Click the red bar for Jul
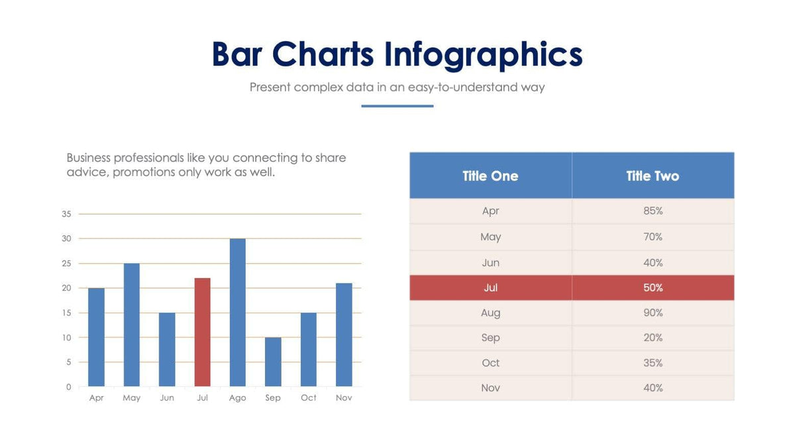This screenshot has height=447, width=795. tap(202, 332)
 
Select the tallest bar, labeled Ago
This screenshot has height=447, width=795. tap(237, 313)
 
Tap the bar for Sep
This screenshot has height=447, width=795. tap(273, 362)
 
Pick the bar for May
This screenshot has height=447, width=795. tap(131, 324)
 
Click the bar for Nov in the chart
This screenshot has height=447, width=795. tap(344, 334)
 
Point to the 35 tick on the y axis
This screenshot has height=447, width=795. tap(66, 214)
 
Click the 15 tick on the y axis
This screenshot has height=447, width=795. tap(66, 313)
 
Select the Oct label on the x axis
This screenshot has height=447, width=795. tap(308, 398)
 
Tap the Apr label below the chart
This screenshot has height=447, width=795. tap(96, 398)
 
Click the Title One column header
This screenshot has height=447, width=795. tap(490, 176)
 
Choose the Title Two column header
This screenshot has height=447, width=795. tap(653, 176)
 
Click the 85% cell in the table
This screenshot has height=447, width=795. tap(653, 211)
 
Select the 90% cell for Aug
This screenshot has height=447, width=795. tap(653, 313)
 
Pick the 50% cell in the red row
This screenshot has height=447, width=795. tap(653, 288)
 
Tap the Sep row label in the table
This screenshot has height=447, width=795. tap(490, 338)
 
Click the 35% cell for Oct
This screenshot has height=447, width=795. tap(653, 363)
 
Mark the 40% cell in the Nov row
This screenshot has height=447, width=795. tap(653, 388)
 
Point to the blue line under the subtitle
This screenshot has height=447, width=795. tap(397, 106)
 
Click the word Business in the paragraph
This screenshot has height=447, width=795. tap(88, 158)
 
